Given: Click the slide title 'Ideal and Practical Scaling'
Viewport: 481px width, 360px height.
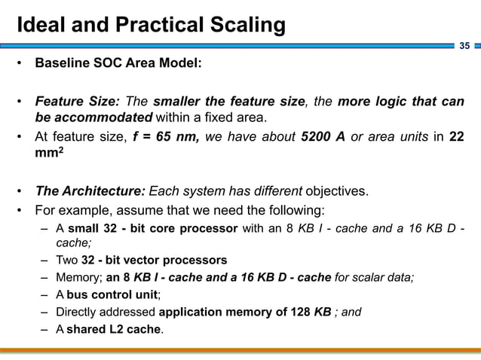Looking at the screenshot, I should (x=151, y=25).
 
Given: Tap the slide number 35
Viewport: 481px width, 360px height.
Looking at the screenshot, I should (x=464, y=47).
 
